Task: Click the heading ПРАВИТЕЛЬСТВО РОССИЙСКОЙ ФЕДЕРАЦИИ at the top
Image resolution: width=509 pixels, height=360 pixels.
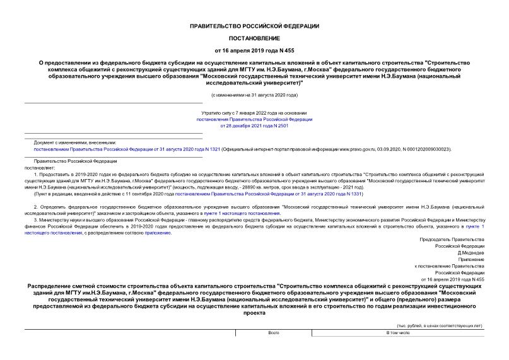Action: (254, 26)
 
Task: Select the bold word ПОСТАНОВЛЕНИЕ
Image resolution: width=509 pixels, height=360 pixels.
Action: (254, 38)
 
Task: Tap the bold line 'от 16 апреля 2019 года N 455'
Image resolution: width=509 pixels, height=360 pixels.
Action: (254, 50)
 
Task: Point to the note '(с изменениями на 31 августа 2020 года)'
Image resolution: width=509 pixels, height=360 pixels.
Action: (254, 95)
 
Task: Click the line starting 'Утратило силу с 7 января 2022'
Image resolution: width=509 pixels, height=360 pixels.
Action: (254, 113)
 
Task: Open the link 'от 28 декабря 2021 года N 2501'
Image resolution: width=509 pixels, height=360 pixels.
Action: (254, 125)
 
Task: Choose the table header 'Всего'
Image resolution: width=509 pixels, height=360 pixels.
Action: (273, 332)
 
